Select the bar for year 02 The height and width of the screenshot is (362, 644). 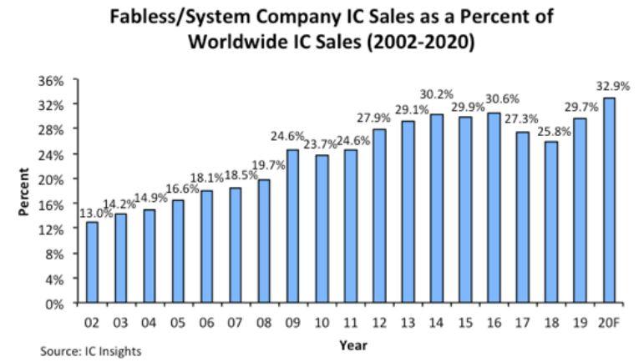92,263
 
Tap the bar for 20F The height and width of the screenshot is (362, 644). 609,201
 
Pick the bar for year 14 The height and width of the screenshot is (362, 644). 437,209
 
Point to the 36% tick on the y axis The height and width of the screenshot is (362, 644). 53,80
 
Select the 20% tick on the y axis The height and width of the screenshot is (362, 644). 53,179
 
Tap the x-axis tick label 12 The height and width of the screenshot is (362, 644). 379,322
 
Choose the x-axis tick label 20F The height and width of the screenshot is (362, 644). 609,322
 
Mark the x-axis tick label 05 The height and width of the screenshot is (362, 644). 178,322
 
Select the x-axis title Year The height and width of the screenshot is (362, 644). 352,343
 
